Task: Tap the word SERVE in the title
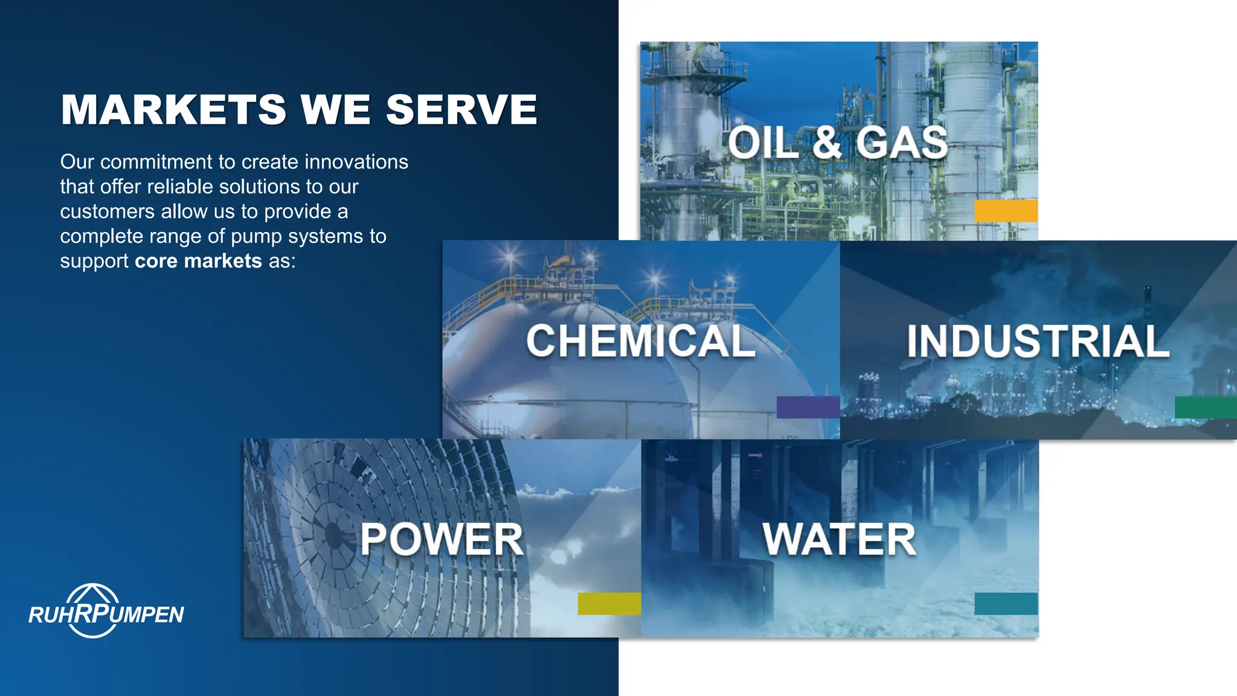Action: pos(461,110)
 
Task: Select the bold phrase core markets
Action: pos(198,261)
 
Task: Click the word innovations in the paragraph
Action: pos(356,162)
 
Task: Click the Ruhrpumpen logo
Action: pos(106,611)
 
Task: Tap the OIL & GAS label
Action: pos(838,143)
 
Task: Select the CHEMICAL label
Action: pos(641,341)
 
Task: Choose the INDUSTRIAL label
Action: pos(1038,341)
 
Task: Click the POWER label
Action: pos(442,539)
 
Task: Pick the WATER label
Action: pos(839,539)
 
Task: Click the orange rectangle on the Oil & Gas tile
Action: pos(1006,211)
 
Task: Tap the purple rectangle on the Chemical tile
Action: pos(808,407)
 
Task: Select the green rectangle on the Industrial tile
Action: pos(1205,407)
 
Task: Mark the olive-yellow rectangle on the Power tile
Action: pos(609,604)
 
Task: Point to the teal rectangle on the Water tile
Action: pos(1006,604)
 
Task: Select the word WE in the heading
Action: pos(335,110)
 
